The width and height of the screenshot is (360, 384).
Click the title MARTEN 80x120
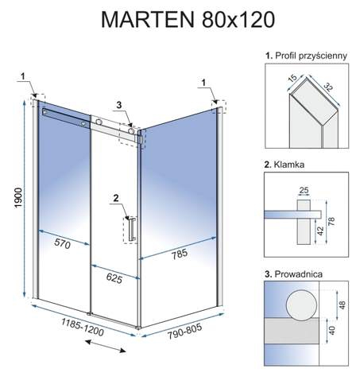(188, 20)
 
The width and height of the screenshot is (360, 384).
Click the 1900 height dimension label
(18, 198)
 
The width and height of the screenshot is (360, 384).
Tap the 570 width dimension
(63, 243)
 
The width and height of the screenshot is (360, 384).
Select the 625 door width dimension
(114, 277)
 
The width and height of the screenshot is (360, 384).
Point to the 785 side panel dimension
(180, 254)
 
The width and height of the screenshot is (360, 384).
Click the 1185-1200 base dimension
(83, 327)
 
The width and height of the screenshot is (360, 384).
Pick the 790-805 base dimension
(184, 332)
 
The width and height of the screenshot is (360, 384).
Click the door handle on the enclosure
(132, 229)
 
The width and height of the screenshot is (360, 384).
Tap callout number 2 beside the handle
(116, 198)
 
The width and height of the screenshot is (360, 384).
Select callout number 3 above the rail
(119, 105)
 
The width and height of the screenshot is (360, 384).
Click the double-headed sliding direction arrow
(105, 347)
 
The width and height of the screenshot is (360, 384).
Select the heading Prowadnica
(298, 274)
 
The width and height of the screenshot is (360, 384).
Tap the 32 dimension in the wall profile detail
(327, 87)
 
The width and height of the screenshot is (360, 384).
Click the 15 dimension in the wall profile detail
(292, 79)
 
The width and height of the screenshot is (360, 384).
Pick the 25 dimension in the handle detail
(304, 190)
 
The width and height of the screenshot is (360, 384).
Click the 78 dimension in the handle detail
(331, 221)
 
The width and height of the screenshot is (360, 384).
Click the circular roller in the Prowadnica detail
(301, 304)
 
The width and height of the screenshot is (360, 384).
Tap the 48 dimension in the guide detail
(342, 304)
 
